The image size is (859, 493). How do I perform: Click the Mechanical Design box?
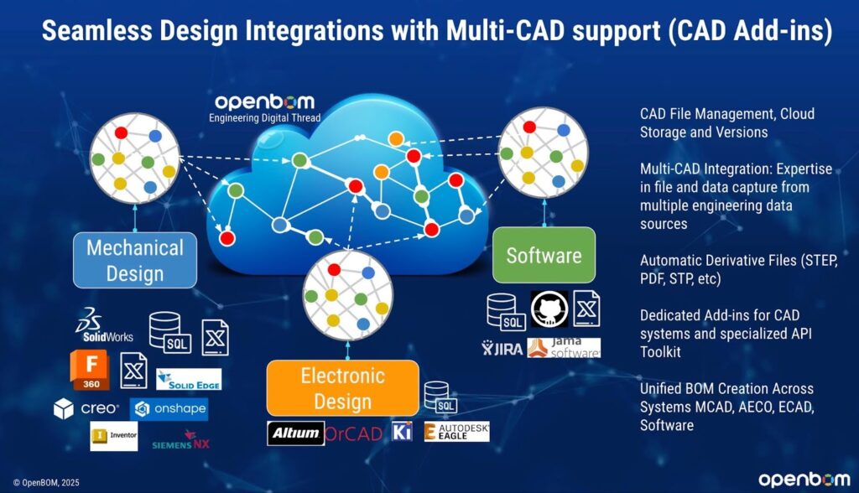click(135, 260)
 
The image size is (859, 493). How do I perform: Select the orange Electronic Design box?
click(342, 387)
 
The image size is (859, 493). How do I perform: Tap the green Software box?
click(544, 254)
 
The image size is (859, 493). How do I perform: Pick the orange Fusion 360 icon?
click(91, 371)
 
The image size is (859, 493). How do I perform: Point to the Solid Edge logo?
click(189, 379)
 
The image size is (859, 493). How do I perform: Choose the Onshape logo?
click(169, 409)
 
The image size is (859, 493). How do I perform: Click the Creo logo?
click(86, 409)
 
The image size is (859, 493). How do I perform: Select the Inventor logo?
click(114, 436)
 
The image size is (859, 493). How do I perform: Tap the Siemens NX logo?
click(180, 441)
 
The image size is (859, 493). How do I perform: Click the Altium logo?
click(295, 433)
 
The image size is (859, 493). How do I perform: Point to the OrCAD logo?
click(353, 433)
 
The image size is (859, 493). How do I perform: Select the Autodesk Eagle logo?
click(456, 432)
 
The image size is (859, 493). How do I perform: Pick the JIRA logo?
click(502, 348)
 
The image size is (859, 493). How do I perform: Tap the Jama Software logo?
click(564, 348)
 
